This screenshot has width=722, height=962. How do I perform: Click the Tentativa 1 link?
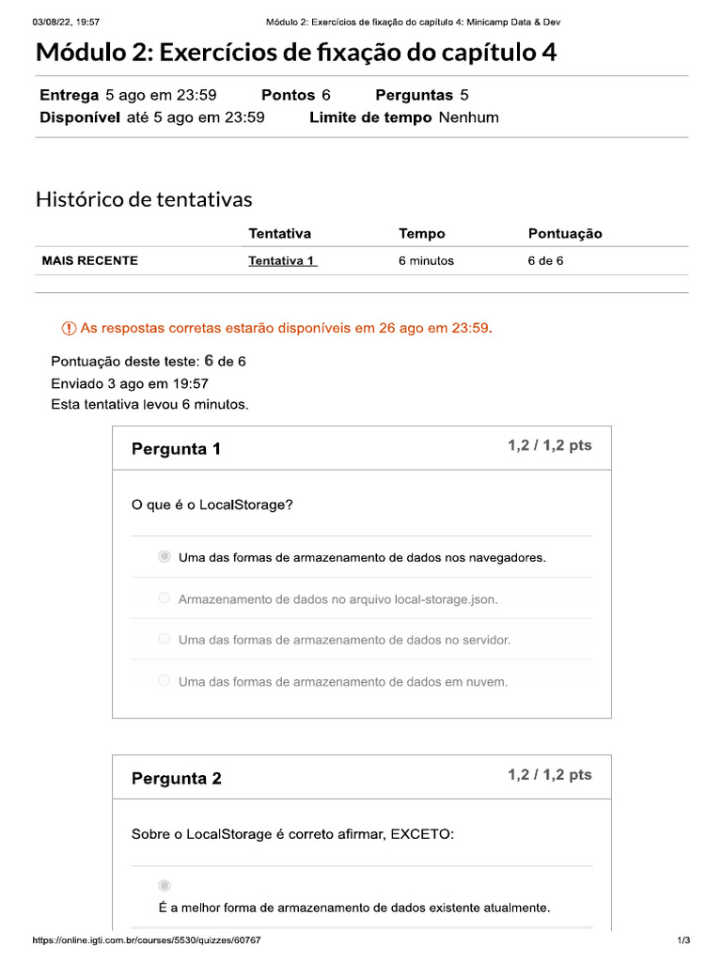[x=282, y=261]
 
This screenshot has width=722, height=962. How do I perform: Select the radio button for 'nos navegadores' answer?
[x=165, y=557]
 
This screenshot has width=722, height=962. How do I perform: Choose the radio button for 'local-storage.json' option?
[x=165, y=598]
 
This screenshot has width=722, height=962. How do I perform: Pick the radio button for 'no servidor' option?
[x=165, y=640]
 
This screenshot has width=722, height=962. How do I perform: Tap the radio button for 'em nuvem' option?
[x=165, y=681]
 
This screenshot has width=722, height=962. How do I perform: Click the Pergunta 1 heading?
[x=176, y=449]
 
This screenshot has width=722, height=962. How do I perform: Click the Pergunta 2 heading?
[x=176, y=779]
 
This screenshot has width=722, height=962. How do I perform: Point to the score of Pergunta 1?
[x=550, y=445]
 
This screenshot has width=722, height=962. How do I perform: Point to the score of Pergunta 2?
[x=550, y=775]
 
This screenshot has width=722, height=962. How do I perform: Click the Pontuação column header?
[x=565, y=234]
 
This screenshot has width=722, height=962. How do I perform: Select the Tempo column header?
[x=422, y=234]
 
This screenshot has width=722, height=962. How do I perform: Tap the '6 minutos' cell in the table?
[x=426, y=261]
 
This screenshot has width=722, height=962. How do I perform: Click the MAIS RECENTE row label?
[x=90, y=261]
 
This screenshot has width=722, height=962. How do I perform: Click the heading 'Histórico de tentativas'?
[x=144, y=199]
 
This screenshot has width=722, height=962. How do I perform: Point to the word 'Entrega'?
[x=70, y=95]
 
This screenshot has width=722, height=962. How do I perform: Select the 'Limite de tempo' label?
[x=370, y=117]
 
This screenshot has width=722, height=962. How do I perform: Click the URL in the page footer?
[x=147, y=940]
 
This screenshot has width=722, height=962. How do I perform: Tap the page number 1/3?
[x=683, y=940]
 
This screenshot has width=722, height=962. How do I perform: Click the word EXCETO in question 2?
[x=421, y=833]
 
